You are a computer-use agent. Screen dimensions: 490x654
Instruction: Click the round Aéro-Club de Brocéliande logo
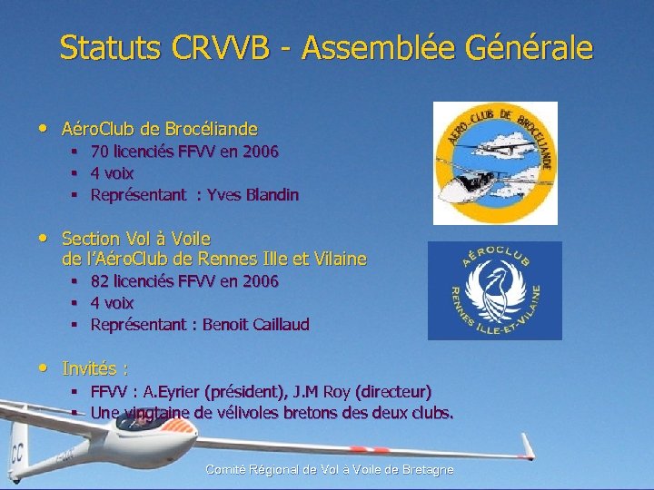point(494,162)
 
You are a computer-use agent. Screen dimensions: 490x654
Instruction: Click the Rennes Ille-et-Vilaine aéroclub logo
point(494,290)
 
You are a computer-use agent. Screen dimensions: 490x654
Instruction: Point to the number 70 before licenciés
point(100,152)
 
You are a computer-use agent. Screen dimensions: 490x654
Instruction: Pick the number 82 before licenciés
point(100,281)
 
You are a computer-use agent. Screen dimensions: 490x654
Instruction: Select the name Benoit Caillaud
point(255,325)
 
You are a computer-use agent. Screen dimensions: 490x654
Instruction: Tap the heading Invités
point(94,368)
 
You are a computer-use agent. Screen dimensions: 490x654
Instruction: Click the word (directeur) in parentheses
point(393,392)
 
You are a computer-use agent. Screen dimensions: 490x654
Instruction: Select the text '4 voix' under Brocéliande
point(112,173)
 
